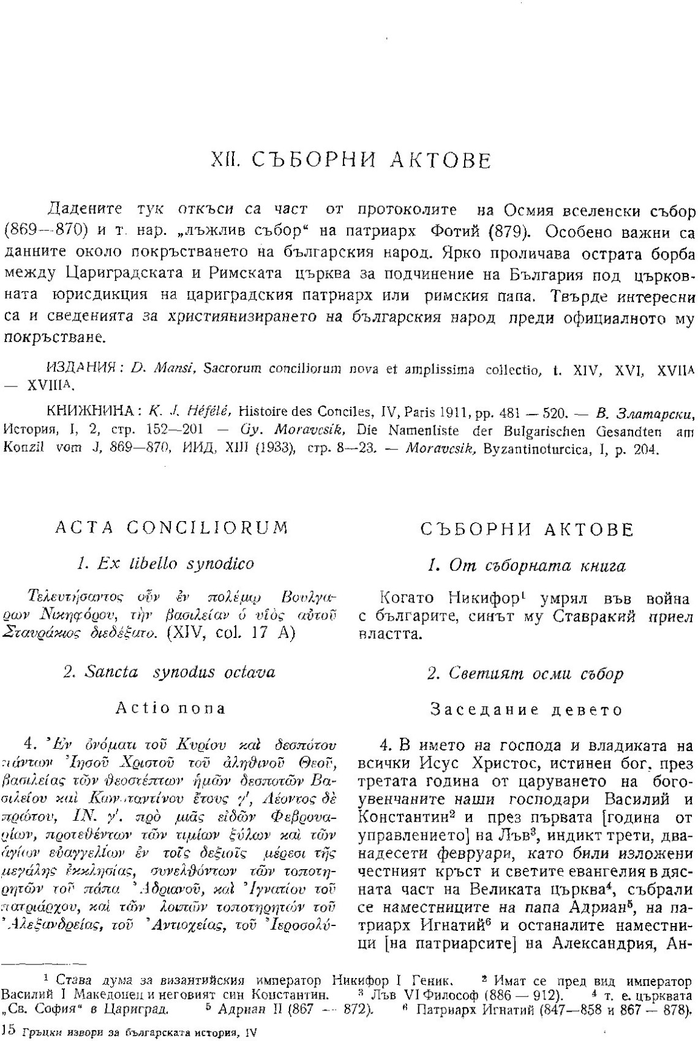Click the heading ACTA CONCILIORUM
[171, 528]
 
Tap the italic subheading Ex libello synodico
[166, 563]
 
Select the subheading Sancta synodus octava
[169, 672]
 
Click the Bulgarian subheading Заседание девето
[526, 710]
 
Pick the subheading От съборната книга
[526, 566]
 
